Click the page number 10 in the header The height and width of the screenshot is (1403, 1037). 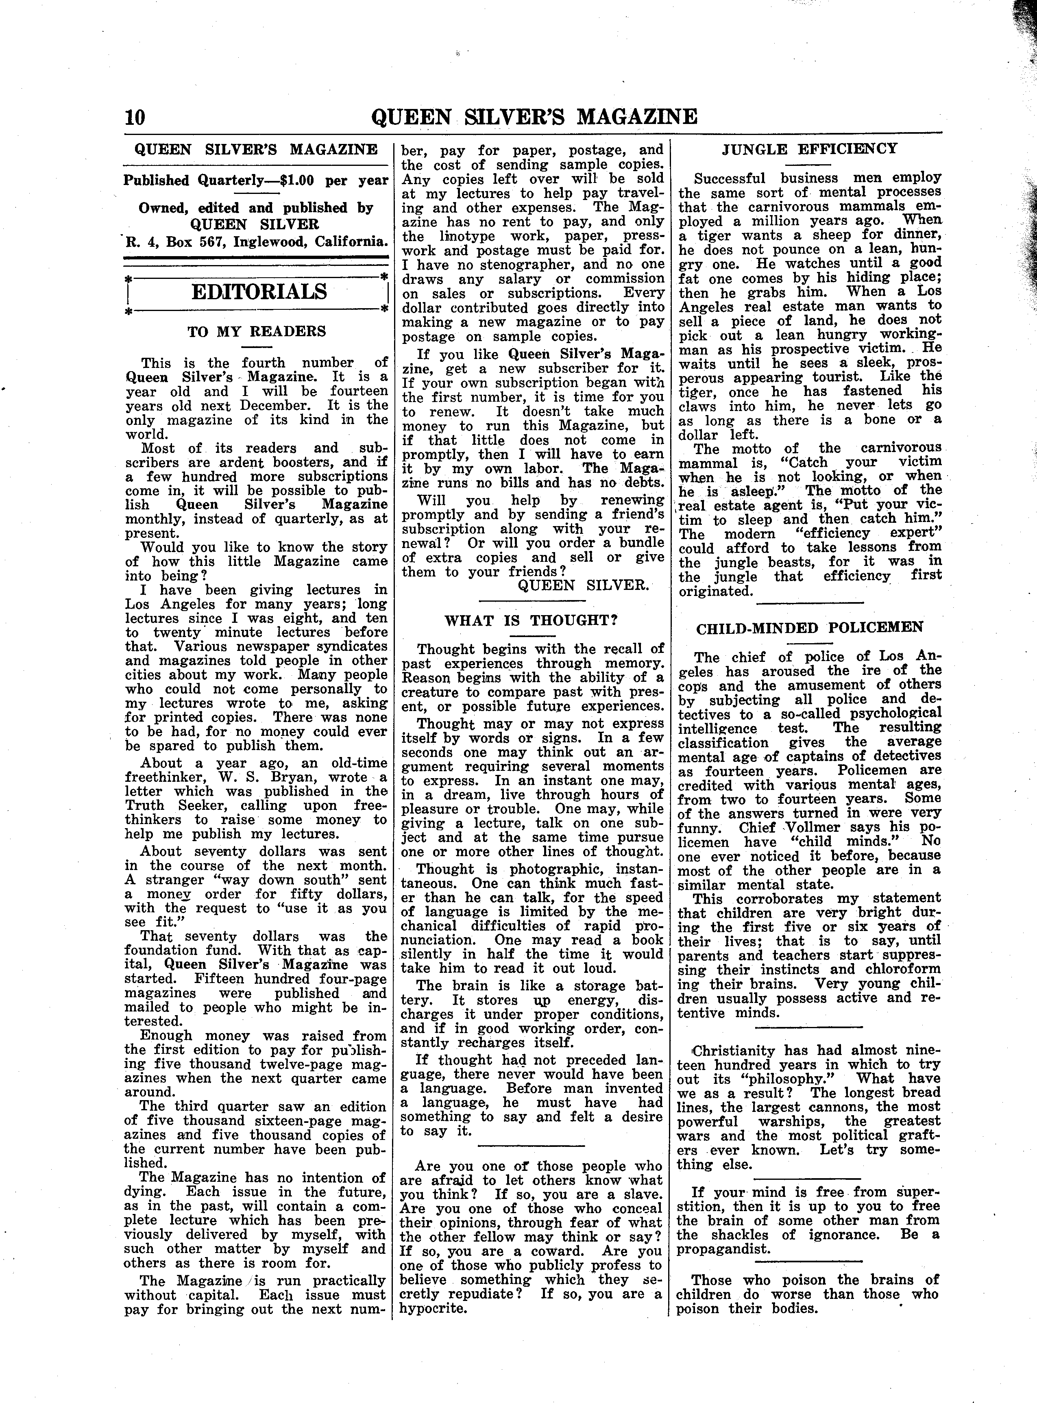coord(135,117)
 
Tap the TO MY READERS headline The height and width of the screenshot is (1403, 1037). coord(257,331)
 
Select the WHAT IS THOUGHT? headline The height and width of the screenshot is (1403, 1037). coord(532,620)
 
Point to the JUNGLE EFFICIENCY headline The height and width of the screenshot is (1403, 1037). coord(810,149)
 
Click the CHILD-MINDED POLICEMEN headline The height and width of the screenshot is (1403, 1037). coord(810,627)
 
